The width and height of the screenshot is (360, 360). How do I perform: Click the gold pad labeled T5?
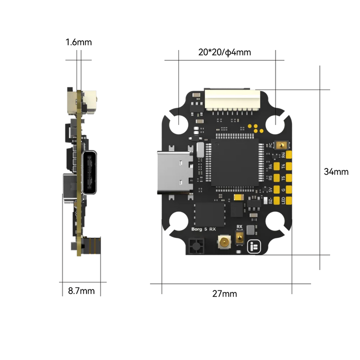(288, 178)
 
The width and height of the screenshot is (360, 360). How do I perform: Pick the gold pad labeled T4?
(288, 166)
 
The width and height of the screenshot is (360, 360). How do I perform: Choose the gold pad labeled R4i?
(288, 154)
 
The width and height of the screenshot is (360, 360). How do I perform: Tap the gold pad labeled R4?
(276, 166)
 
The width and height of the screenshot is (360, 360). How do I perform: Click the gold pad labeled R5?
(276, 178)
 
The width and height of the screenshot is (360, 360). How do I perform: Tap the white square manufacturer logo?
(253, 244)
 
